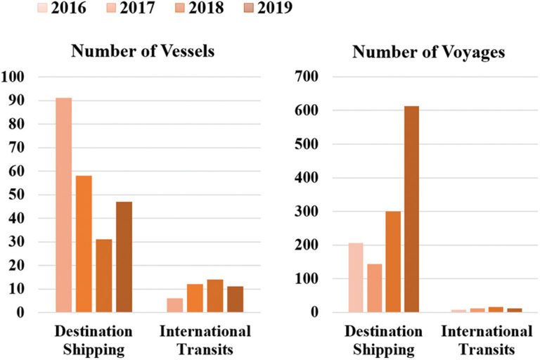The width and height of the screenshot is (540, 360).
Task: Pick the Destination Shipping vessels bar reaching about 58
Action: (84, 243)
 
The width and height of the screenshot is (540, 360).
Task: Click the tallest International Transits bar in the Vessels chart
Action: (214, 295)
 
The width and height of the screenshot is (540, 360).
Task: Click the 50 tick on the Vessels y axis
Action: (15, 195)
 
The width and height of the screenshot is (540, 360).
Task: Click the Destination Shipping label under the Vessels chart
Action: (94, 339)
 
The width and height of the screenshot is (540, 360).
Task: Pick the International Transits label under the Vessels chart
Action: (205, 339)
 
